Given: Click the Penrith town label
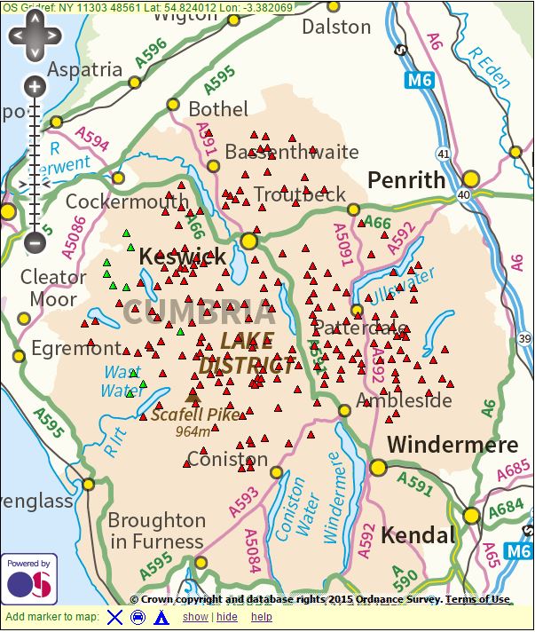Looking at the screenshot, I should click(x=406, y=180).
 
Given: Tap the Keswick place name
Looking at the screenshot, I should click(x=183, y=257).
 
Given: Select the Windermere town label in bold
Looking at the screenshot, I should click(x=452, y=444).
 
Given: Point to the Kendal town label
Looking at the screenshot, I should click(x=418, y=535).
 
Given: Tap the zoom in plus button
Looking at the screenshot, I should click(x=35, y=86).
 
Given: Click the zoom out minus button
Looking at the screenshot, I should click(x=35, y=240).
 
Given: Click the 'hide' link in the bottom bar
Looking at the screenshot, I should click(x=226, y=617).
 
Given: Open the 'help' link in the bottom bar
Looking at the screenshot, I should click(x=261, y=617).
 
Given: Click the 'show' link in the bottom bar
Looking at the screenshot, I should click(x=194, y=617).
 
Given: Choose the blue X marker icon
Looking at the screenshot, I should click(x=114, y=617).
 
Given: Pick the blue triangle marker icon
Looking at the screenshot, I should click(x=161, y=617).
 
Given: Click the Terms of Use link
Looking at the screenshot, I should click(x=477, y=599).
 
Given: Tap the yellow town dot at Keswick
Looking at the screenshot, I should click(x=249, y=241).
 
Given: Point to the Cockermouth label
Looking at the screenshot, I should click(x=127, y=201).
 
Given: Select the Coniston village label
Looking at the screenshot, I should click(x=227, y=460).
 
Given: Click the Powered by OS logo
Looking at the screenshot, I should click(x=29, y=579).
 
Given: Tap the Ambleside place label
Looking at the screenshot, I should click(x=404, y=400).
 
